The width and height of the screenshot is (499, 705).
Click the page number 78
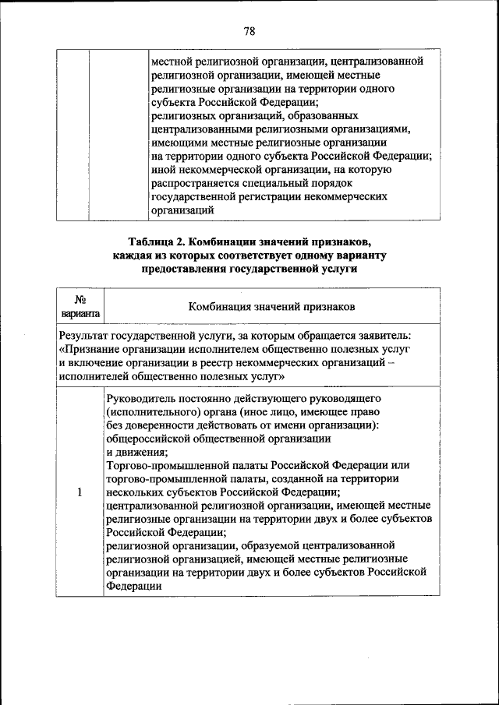coord(249,31)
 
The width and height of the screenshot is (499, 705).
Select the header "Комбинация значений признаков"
coord(272,306)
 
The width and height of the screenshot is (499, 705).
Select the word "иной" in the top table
coord(163,169)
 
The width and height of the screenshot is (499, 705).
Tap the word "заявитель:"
coord(385,336)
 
